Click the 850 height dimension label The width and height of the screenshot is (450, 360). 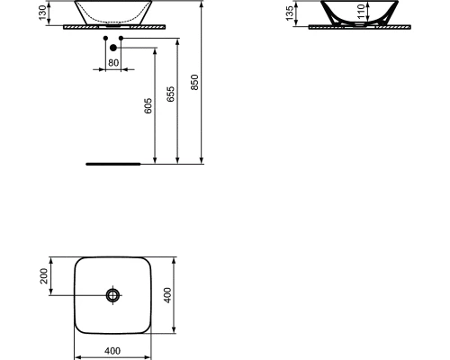pos(194,82)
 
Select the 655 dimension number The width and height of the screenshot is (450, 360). pos(171,95)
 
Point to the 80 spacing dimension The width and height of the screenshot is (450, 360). pos(113,63)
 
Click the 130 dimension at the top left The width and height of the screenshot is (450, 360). pos(42,13)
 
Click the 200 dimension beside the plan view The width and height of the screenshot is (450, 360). pos(43,276)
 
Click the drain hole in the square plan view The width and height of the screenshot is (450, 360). pos(112,295)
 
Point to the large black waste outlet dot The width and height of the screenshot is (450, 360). pos(113,48)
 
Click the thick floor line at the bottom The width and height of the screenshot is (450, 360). pos(112,165)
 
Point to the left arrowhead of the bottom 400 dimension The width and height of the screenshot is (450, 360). pos(76,342)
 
